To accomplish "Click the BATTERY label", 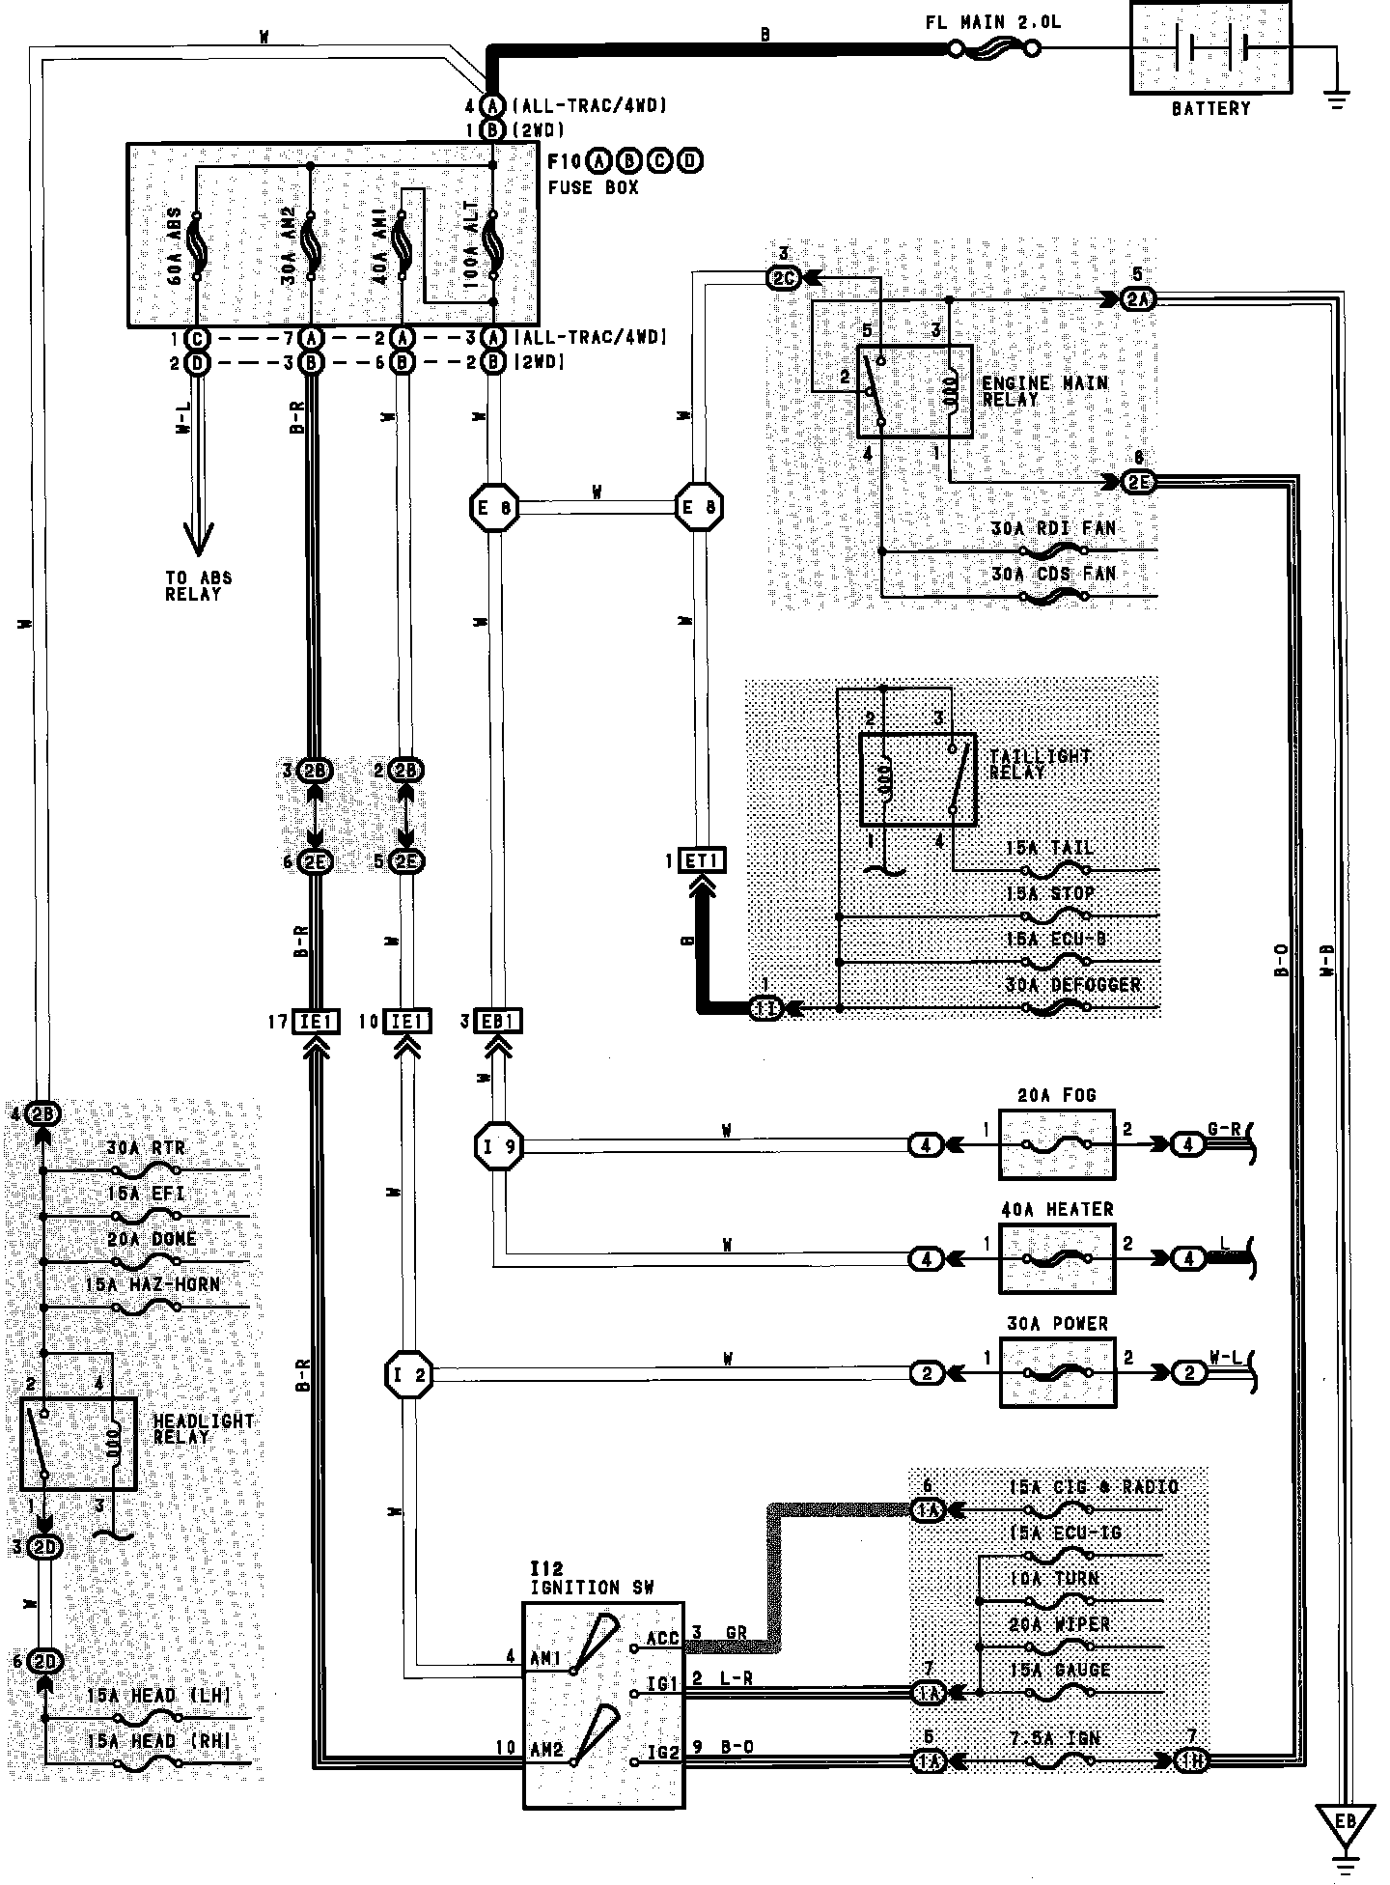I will point(1210,108).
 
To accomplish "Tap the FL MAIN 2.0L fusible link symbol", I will point(994,47).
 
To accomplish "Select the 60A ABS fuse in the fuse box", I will point(195,246).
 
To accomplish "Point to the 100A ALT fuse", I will point(492,246).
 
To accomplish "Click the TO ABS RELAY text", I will point(198,586).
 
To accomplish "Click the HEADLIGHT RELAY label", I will point(204,1429).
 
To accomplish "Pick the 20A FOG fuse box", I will point(1057,1144).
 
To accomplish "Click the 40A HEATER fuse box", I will point(1057,1258).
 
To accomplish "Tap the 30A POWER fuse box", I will point(1057,1372).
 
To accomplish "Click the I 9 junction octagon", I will point(498,1146).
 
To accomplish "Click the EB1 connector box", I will point(497,1022).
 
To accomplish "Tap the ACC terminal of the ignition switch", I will point(662,1639).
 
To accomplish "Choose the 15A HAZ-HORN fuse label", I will point(153,1285).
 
